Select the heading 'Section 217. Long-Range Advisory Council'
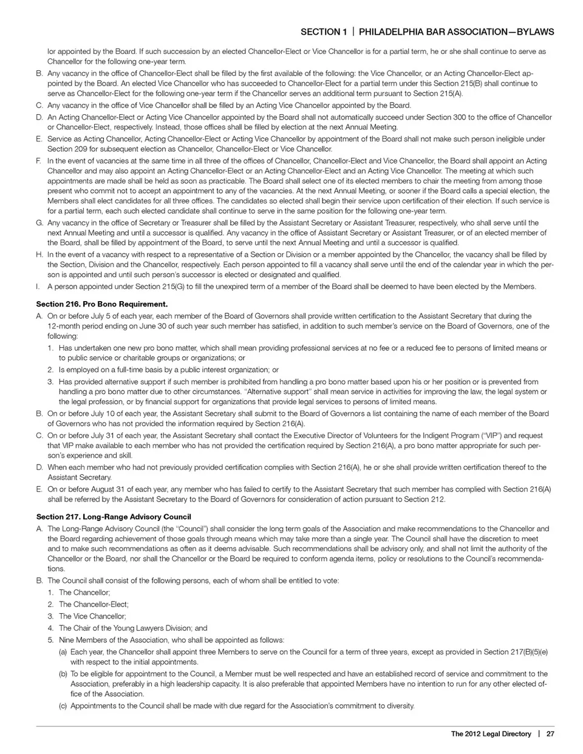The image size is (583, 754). click(x=114, y=517)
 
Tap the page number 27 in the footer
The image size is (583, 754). click(x=550, y=734)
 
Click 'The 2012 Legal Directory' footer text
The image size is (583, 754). click(x=491, y=734)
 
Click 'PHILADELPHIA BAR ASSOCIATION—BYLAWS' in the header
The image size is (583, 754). click(x=456, y=32)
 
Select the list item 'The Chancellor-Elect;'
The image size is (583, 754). click(x=94, y=605)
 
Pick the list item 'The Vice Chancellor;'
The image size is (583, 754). click(x=92, y=616)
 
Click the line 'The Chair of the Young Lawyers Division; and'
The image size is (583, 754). click(x=132, y=628)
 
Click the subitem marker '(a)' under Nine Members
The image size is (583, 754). click(x=63, y=652)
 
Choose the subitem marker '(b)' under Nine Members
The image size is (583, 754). click(x=63, y=674)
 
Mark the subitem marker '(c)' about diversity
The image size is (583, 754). click(x=63, y=706)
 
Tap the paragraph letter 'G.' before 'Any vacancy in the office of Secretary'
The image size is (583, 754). click(x=39, y=223)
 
